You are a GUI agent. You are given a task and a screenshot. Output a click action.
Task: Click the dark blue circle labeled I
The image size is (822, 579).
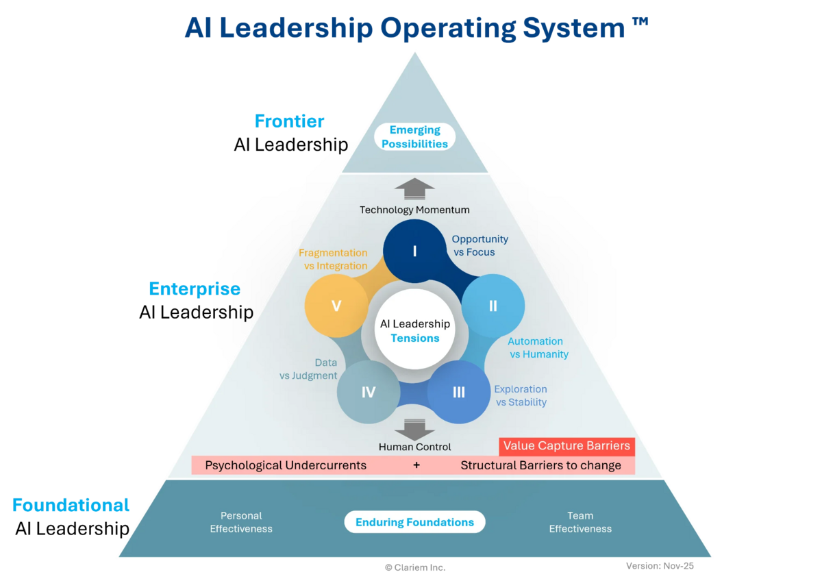(414, 251)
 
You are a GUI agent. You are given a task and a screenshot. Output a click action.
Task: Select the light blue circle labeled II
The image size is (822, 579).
(493, 306)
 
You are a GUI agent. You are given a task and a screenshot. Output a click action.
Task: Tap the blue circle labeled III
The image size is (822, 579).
(459, 392)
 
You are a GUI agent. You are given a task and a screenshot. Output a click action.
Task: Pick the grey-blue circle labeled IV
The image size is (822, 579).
(369, 392)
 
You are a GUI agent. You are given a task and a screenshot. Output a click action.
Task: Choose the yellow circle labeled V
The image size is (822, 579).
(336, 306)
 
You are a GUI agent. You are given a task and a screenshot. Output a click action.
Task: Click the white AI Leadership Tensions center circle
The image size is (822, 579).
(415, 330)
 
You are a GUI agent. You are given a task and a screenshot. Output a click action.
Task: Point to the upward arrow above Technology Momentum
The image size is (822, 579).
(415, 189)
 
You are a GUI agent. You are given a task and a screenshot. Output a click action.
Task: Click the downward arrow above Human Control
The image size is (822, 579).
(415, 430)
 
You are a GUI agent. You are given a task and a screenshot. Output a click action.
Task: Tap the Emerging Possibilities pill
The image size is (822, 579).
(415, 136)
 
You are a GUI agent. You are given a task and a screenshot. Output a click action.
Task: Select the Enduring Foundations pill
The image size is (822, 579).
(415, 522)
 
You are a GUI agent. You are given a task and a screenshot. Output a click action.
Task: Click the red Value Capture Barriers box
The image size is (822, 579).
(566, 446)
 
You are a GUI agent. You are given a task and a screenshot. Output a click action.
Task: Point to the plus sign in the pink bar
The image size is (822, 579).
(416, 466)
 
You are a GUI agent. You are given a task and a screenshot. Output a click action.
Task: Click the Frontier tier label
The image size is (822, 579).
(290, 122)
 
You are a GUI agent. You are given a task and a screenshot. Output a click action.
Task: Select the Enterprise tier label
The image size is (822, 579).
(195, 289)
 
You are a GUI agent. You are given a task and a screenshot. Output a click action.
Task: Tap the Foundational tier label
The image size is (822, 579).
(71, 506)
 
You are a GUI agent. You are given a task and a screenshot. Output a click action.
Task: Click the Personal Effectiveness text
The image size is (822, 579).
(241, 522)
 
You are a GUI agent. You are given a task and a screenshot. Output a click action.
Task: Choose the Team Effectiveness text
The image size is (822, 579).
(580, 522)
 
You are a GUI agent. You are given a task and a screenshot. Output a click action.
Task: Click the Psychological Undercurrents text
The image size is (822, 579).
(286, 466)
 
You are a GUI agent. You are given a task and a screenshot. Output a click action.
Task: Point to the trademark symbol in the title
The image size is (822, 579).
(639, 24)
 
